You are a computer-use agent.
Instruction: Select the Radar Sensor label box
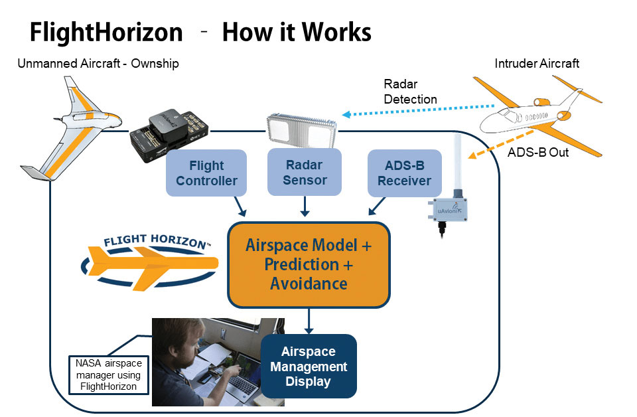coord(305,172)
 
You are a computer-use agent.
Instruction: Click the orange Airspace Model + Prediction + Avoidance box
coord(309,264)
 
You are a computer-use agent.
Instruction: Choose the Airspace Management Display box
coord(309,367)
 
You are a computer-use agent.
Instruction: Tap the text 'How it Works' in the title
coord(297,32)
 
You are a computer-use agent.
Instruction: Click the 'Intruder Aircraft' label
coord(537,64)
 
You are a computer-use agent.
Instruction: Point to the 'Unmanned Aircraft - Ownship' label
coord(98,64)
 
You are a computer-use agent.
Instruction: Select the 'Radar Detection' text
coord(410,92)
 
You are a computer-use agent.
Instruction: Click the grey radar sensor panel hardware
coord(303,129)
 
